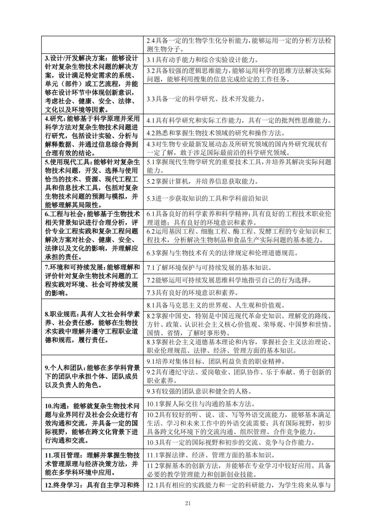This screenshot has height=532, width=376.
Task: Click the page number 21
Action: point(188,503)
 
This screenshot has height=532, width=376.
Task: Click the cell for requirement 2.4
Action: point(239,45)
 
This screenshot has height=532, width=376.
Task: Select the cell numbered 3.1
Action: point(239,60)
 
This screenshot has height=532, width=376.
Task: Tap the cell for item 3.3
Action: point(239,99)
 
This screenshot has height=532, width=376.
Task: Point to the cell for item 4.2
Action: point(239,133)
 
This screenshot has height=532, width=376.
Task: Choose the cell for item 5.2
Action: point(239,181)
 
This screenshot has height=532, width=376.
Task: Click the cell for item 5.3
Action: point(239,198)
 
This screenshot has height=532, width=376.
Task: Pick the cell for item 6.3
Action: point(239,253)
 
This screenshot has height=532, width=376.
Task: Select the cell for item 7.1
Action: point(239,268)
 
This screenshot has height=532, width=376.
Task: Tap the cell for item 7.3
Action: point(239,292)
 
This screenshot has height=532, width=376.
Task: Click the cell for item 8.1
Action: point(239,305)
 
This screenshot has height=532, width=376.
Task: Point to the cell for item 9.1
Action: point(239,361)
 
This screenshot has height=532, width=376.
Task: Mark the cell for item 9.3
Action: point(239,391)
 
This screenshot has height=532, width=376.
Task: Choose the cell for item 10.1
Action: point(239,404)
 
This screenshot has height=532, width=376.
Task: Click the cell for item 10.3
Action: point(239,442)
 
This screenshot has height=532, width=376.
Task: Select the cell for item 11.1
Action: point(239,455)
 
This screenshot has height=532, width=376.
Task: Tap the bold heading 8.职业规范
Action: point(61,314)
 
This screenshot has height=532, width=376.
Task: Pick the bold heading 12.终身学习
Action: point(64,485)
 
